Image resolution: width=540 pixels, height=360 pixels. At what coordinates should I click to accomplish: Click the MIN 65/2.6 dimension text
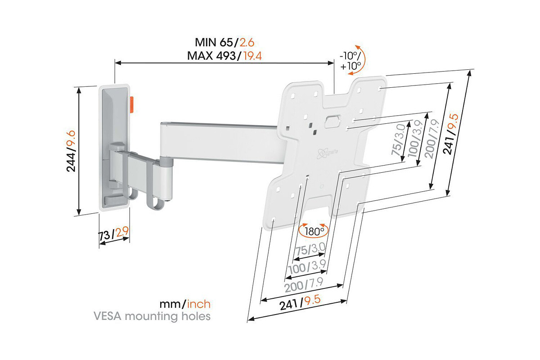pos(225,43)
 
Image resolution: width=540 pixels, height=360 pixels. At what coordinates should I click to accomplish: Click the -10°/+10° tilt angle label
pos(350,62)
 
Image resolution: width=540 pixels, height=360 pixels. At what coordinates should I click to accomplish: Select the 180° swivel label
pos(315,232)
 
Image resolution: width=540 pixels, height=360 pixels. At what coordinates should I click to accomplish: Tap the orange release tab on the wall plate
pos(132,104)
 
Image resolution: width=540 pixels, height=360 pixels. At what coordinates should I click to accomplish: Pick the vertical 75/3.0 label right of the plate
pos(397,144)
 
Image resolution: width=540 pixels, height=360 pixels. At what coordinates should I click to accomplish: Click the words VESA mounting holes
pos(152,316)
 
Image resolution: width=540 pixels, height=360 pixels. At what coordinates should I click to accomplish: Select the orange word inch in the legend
pos(199,305)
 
